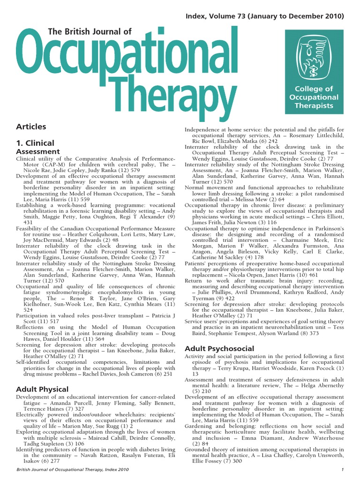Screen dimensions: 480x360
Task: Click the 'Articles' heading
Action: tap(31, 127)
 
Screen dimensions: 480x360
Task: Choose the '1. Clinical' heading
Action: tap(35, 143)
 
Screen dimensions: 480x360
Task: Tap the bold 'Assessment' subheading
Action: tap(38, 152)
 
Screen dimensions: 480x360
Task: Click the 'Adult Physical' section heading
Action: tap(42, 389)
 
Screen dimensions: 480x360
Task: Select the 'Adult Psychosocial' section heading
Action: tap(219, 349)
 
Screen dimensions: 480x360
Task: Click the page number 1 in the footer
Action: tap(343, 470)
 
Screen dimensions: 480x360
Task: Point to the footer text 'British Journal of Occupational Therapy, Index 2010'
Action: tap(72, 470)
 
